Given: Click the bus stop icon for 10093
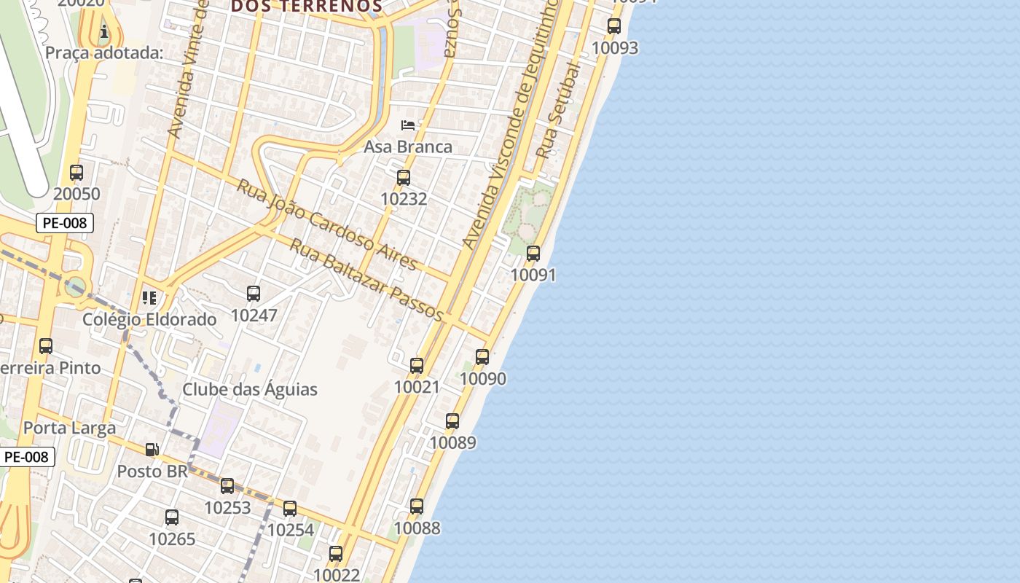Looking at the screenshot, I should pyautogui.click(x=614, y=26).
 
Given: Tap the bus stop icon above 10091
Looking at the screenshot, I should pyautogui.click(x=533, y=254).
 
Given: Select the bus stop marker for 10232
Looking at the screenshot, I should pyautogui.click(x=404, y=178).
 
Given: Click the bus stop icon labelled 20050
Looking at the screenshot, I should pyautogui.click(x=76, y=173).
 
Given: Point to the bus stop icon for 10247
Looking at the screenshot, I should pyautogui.click(x=254, y=294).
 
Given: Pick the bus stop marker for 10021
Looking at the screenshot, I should pyautogui.click(x=417, y=366).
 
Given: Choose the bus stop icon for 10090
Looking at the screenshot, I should pyautogui.click(x=482, y=357).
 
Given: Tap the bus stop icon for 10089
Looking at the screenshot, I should pyautogui.click(x=452, y=421).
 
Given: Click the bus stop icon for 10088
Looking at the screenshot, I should pyautogui.click(x=417, y=506).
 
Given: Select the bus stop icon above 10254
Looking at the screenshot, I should pyautogui.click(x=290, y=509).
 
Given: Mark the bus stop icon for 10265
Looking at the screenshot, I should pyautogui.click(x=172, y=517).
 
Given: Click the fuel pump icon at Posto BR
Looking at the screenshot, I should pyautogui.click(x=152, y=450).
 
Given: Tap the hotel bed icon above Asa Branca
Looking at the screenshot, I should pyautogui.click(x=408, y=125).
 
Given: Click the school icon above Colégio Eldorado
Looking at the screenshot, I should pyautogui.click(x=149, y=297).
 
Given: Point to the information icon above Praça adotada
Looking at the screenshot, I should pyautogui.click(x=104, y=31).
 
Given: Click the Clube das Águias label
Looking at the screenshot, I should pyautogui.click(x=250, y=389).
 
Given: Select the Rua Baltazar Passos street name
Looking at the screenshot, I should pyautogui.click(x=366, y=279).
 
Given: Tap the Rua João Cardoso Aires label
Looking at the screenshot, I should pyautogui.click(x=327, y=224).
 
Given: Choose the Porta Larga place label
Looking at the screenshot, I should pyautogui.click(x=70, y=428).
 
